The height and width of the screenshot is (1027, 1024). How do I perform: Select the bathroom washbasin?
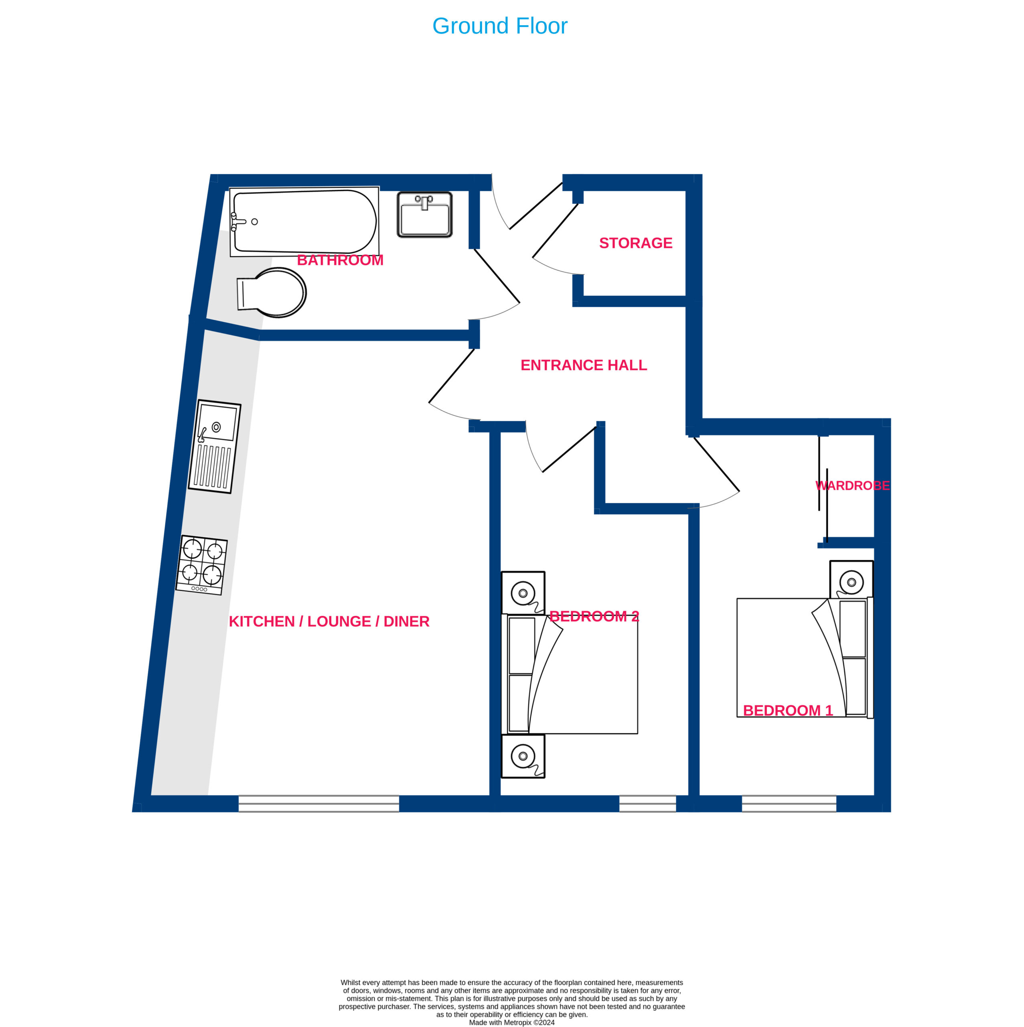(425, 214)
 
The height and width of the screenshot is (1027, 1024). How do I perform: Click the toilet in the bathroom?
(272, 292)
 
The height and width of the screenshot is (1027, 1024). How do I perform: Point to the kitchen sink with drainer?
(215, 447)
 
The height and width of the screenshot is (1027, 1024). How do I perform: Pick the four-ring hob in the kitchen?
(202, 564)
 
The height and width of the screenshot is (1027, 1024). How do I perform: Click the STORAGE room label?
(636, 243)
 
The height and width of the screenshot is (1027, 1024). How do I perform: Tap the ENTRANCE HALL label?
(584, 365)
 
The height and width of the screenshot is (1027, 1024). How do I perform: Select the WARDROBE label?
(852, 485)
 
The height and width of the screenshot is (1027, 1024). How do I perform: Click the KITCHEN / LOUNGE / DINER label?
(329, 621)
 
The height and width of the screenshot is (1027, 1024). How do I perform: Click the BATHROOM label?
(340, 260)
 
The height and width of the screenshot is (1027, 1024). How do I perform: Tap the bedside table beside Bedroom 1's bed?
(851, 579)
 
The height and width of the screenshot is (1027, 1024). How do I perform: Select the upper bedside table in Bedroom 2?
(523, 593)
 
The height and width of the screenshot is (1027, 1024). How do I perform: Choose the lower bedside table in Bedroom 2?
(523, 756)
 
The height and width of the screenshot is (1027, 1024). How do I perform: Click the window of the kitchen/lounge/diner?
(319, 804)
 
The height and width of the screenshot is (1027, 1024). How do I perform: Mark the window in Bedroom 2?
(648, 804)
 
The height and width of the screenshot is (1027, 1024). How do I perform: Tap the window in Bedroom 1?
(789, 804)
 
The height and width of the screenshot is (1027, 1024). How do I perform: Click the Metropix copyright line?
(512, 1022)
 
